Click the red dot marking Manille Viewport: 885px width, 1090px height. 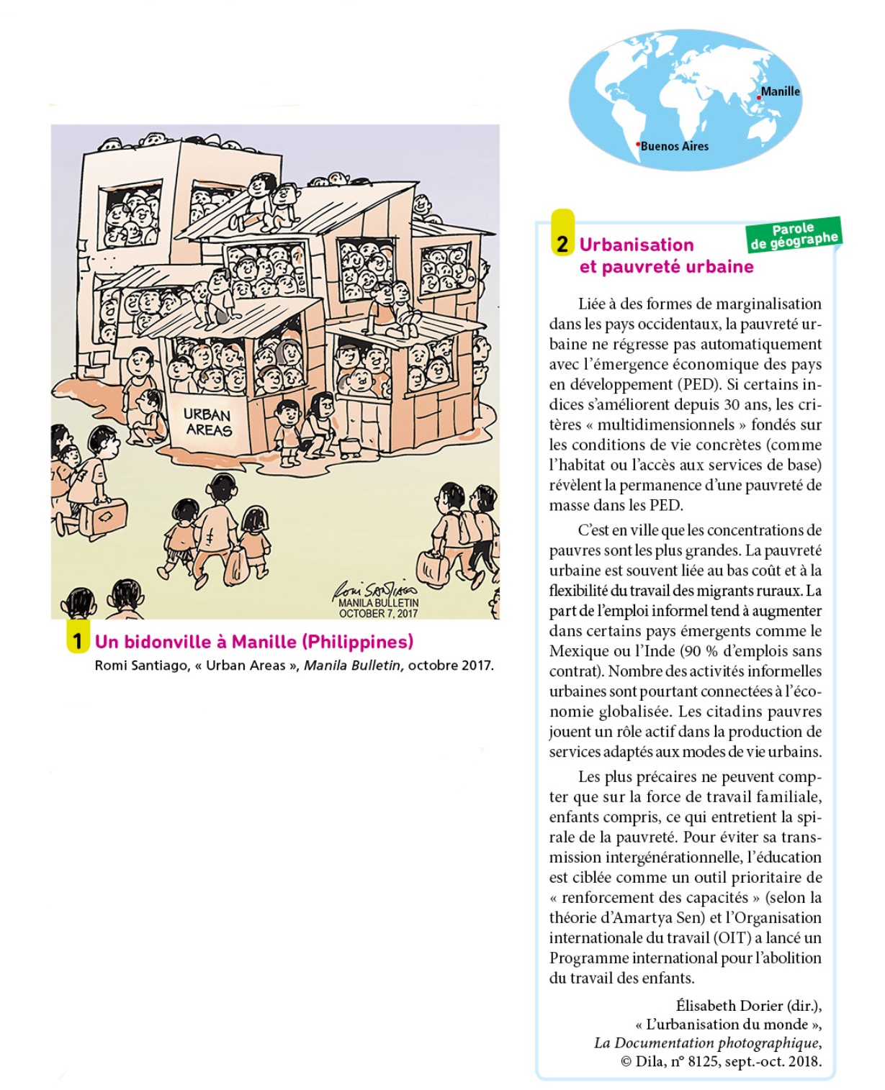[759, 97]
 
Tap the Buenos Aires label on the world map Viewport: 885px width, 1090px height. [674, 146]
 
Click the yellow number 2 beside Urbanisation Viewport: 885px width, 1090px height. [562, 245]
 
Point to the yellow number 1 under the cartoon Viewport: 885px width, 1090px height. [77, 640]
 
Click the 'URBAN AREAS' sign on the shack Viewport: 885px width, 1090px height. [207, 422]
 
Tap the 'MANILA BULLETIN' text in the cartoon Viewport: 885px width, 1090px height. [378, 603]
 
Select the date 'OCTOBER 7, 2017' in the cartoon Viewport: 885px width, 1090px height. [378, 614]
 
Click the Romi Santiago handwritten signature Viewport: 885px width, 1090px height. [376, 588]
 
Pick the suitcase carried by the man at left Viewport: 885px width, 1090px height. [103, 515]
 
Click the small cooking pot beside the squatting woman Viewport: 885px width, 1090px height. [350, 448]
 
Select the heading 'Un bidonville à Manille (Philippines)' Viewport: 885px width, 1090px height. [254, 641]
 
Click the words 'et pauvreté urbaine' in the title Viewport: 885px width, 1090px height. [666, 267]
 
